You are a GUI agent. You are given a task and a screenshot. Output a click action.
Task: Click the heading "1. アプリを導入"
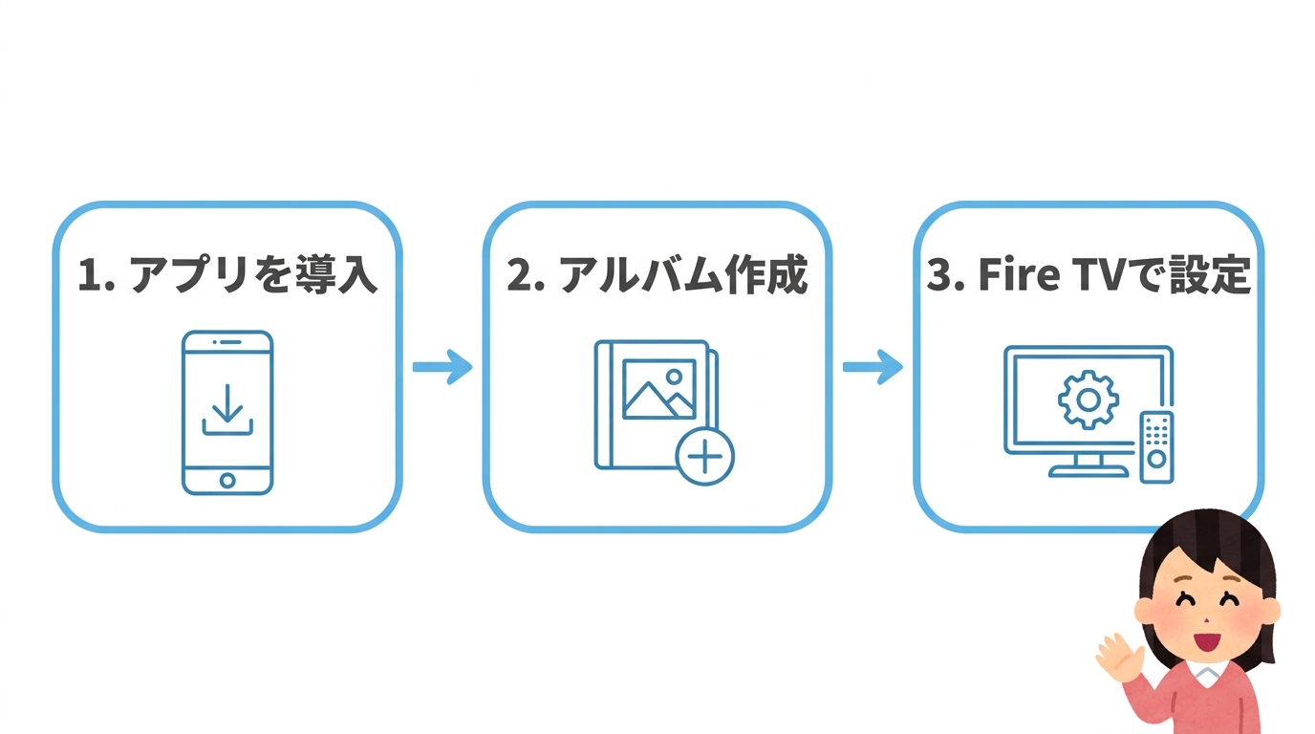[x=227, y=276]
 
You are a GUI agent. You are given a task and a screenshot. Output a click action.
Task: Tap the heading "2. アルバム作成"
[x=657, y=276]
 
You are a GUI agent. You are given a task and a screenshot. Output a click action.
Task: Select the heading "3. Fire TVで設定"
[x=1089, y=276]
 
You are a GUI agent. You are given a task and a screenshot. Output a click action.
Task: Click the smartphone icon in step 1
[x=227, y=412]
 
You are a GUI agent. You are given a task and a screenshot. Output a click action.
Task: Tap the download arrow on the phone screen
[x=227, y=407]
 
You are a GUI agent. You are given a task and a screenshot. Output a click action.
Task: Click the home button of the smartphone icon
[x=227, y=480]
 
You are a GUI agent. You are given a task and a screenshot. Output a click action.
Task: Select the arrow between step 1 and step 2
[x=442, y=367]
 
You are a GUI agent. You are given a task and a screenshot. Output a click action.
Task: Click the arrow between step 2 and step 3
[x=873, y=367]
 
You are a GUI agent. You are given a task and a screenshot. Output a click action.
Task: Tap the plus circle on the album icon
[x=705, y=457]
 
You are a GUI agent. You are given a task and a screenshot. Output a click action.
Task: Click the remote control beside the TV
[x=1157, y=446]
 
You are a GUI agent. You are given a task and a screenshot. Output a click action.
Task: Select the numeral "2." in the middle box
[x=526, y=276]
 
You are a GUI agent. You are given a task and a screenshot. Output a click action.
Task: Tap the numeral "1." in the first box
[x=96, y=276]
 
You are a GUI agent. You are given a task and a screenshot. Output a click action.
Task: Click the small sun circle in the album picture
[x=676, y=376]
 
